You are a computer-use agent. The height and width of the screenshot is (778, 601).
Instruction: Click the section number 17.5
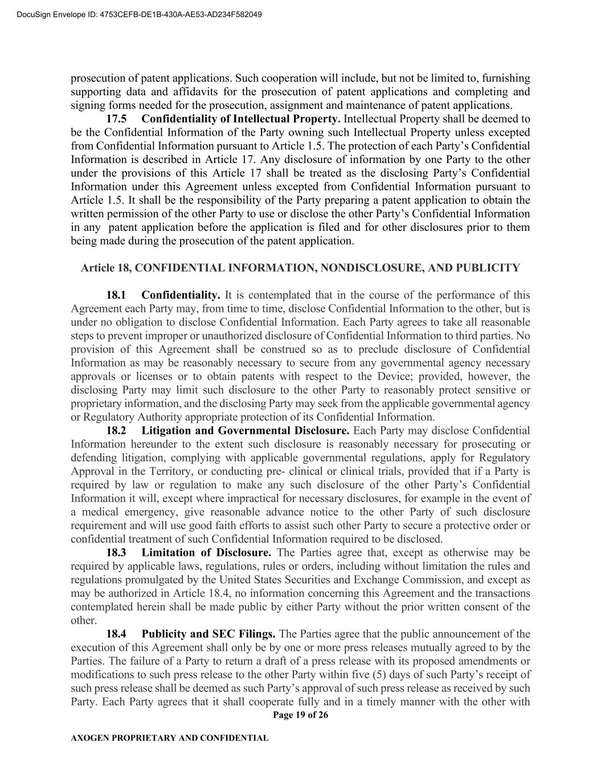coord(117,119)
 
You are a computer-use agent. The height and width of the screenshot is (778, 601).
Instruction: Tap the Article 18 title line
coord(300,267)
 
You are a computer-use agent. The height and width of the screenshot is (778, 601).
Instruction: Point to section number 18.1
coord(116,295)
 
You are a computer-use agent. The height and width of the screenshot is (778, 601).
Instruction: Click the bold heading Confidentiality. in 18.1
coord(181,295)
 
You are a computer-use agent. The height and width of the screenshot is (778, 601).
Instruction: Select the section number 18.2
coord(116,430)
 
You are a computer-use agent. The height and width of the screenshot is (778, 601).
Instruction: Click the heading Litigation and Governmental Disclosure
coord(246,430)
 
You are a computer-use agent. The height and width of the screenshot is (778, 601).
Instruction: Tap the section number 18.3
coord(116,552)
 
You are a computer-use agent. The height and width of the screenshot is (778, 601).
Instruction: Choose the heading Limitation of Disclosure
coord(206,552)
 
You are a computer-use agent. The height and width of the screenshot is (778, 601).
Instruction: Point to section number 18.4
coord(116,634)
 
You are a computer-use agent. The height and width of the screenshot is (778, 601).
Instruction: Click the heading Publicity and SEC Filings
coord(208,634)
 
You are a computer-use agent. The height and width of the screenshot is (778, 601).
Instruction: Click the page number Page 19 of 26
coord(300,715)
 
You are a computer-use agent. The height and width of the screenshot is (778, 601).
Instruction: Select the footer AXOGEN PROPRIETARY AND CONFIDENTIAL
coord(169,738)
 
